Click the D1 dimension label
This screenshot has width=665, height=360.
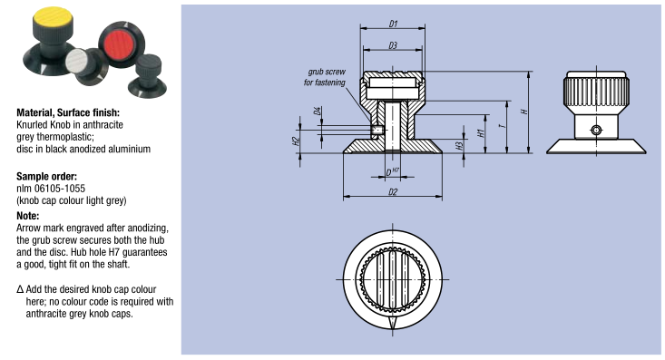(x=393, y=24)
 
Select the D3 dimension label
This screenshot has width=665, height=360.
(x=393, y=45)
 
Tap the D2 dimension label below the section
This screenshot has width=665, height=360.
(x=393, y=192)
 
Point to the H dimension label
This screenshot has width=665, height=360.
(x=524, y=112)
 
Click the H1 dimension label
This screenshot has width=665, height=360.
(x=481, y=133)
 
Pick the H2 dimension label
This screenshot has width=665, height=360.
(x=296, y=141)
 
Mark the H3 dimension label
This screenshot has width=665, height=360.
(x=459, y=146)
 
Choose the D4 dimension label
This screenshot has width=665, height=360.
(x=317, y=112)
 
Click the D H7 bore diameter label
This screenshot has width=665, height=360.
(x=392, y=172)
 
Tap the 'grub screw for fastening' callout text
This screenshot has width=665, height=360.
(x=325, y=77)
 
